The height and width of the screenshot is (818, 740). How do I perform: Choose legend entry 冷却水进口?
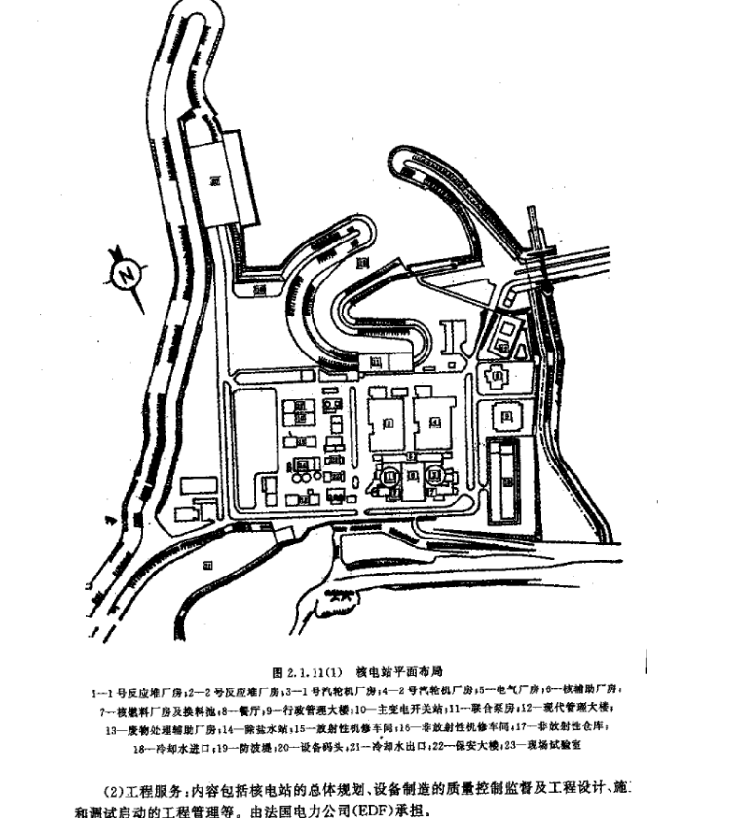click(173, 746)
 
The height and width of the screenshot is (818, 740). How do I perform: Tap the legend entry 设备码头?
click(309, 746)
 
